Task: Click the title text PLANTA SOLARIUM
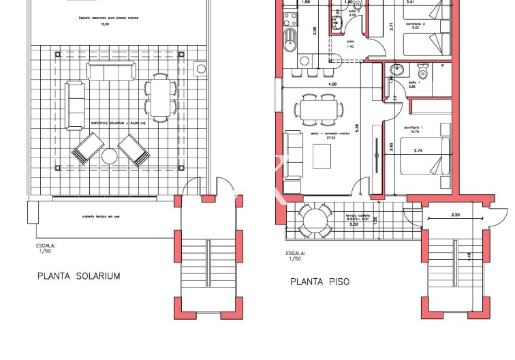click(78, 276)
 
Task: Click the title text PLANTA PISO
click(319, 281)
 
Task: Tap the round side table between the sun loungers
click(110, 157)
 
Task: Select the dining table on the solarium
click(160, 96)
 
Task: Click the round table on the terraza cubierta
click(314, 220)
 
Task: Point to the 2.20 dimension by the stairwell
click(457, 215)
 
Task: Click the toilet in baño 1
click(422, 72)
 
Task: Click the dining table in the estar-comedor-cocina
click(317, 109)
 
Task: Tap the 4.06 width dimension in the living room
click(332, 85)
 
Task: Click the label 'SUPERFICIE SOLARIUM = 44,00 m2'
click(119, 124)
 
